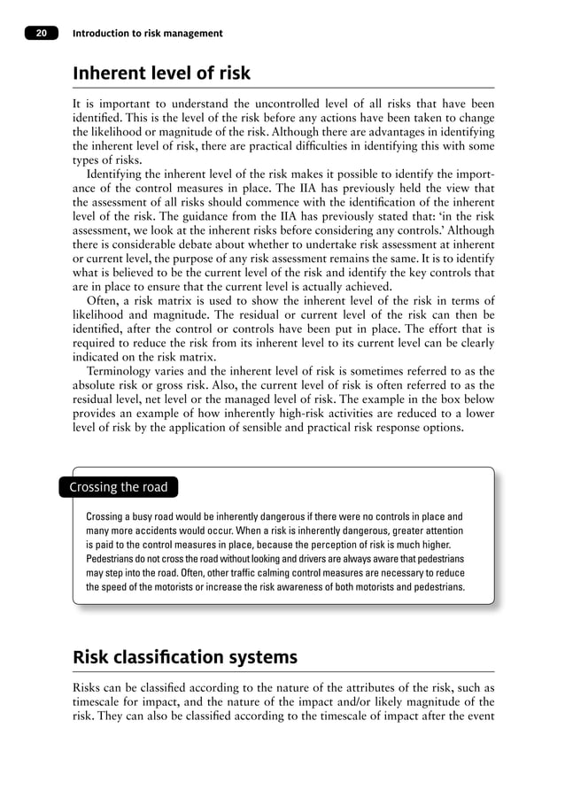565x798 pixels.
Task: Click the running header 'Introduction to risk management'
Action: click(x=147, y=34)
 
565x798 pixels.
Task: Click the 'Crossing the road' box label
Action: click(x=118, y=487)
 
